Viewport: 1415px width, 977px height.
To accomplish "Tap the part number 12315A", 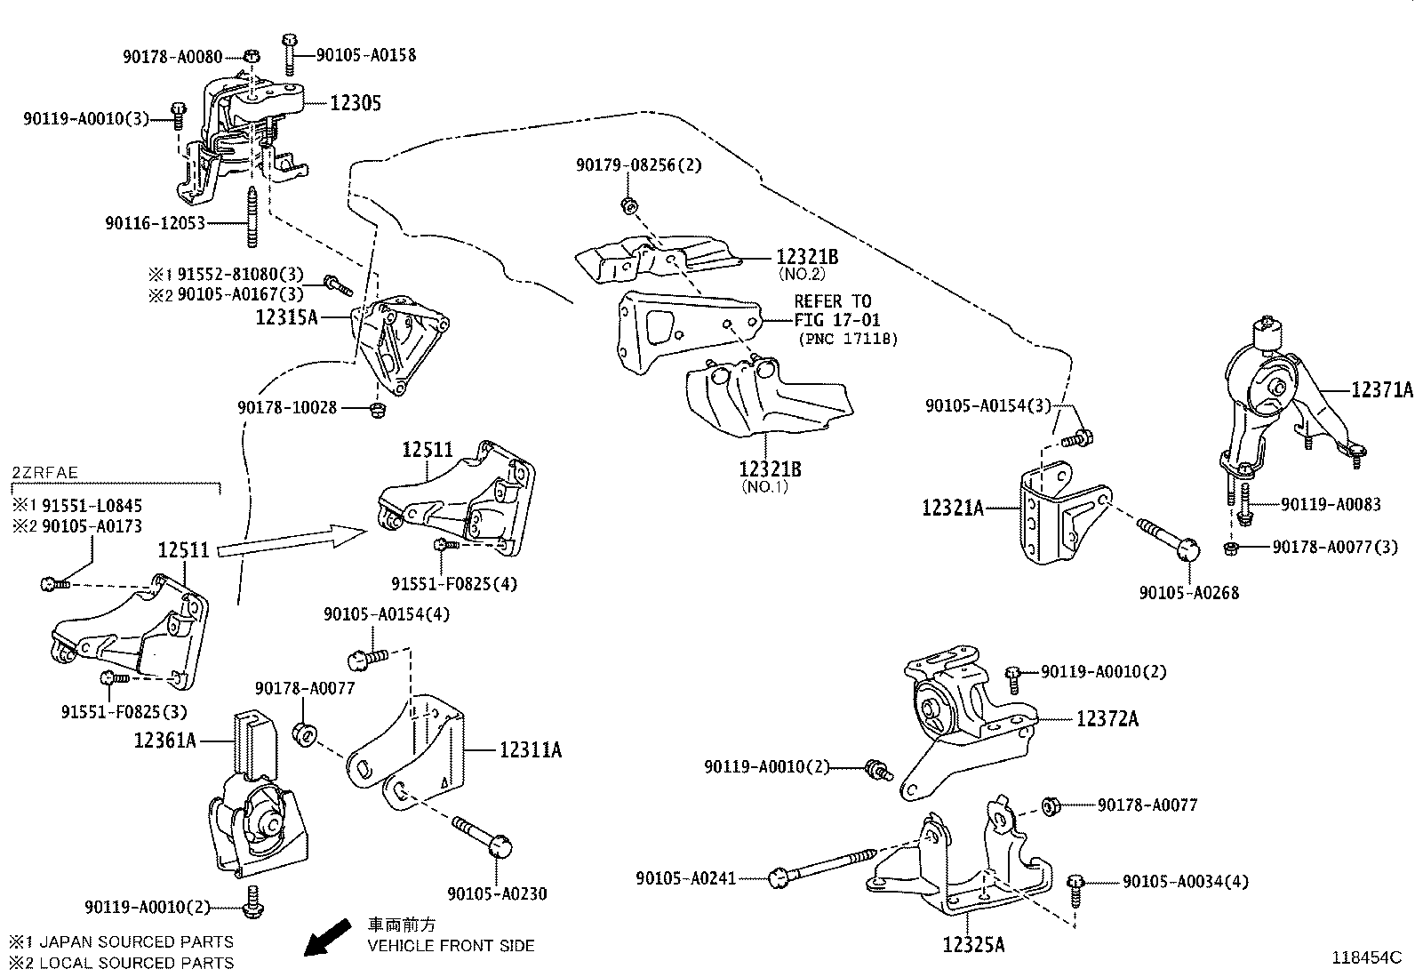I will [285, 316].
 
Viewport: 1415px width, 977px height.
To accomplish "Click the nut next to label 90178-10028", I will [377, 409].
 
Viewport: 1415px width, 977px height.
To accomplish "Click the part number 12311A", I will [530, 750].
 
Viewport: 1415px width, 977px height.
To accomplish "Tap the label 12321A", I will [953, 508].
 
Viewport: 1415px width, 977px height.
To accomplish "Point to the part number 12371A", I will [1380, 389].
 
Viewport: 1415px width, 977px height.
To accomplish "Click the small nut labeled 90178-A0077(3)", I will [1230, 548].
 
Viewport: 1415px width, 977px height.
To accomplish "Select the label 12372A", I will [1107, 718].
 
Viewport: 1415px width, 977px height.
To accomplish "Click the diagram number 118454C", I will [1365, 957].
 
